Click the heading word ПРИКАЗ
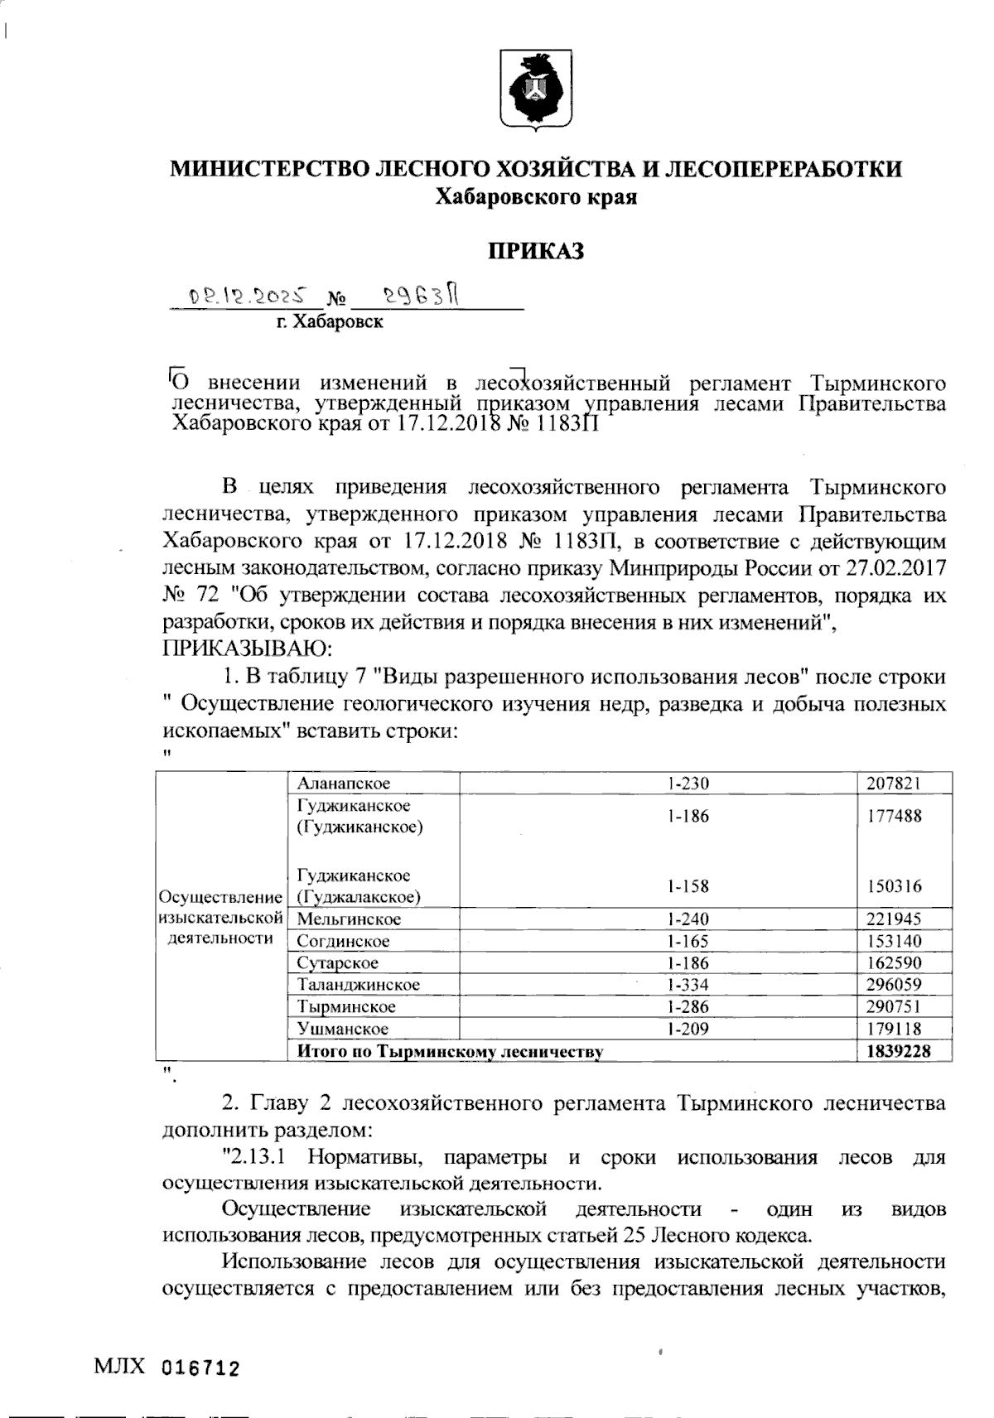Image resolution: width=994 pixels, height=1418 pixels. pos(535,250)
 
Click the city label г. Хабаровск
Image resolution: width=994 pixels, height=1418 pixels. pos(330,321)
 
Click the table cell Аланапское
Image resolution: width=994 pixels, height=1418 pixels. pos(344,783)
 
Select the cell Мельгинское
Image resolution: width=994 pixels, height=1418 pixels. pos(349,919)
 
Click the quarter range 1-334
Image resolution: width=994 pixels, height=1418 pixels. pos(688,985)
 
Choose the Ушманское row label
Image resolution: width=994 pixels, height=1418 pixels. pos(343,1029)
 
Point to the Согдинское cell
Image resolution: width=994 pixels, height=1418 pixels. pos(343,941)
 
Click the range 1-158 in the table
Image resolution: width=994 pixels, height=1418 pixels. pos(688,886)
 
